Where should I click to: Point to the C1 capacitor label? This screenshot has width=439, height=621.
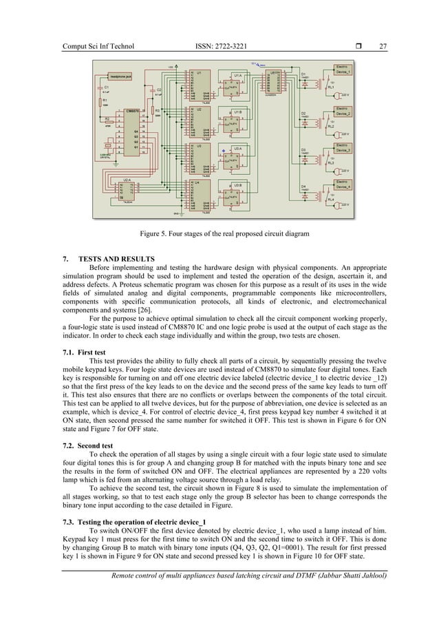pos(107,87)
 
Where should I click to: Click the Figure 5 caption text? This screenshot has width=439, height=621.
pos(219,235)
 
